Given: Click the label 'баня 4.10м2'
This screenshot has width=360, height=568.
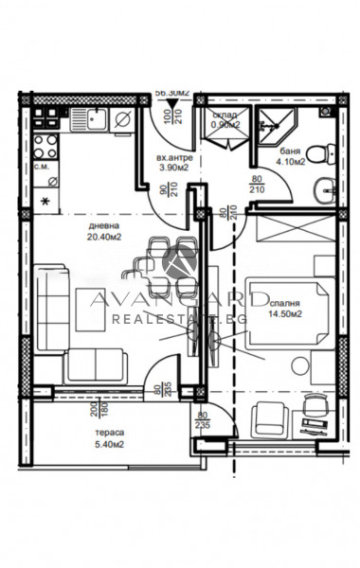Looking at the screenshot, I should (292, 156).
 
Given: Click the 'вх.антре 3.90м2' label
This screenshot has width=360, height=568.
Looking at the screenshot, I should (175, 162).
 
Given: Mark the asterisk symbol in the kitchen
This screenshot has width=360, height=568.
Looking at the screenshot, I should (45, 200).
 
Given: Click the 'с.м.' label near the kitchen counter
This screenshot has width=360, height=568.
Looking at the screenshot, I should (44, 167).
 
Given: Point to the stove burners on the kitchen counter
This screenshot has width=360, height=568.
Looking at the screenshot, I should (45, 142).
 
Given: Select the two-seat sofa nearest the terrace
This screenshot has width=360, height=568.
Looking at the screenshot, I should (96, 365).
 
